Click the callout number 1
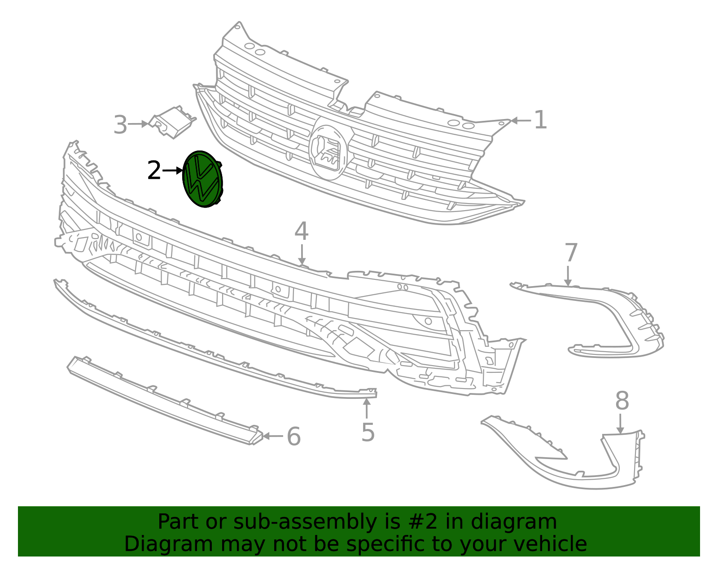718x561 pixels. click(x=541, y=120)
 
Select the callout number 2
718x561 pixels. click(x=154, y=171)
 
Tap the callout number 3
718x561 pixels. click(x=120, y=125)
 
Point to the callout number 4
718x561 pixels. click(x=302, y=232)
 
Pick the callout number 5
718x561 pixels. click(x=368, y=433)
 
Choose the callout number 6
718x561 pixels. click(x=293, y=437)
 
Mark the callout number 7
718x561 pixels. click(x=571, y=253)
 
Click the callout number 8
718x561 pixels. click(x=622, y=401)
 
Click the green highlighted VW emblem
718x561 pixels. click(x=203, y=179)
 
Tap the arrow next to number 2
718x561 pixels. click(x=173, y=171)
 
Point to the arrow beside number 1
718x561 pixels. click(x=521, y=120)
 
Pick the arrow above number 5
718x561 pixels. click(x=367, y=408)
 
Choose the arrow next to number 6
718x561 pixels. click(x=273, y=436)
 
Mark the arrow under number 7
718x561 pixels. click(x=568, y=276)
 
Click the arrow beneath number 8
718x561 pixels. click(x=621, y=424)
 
